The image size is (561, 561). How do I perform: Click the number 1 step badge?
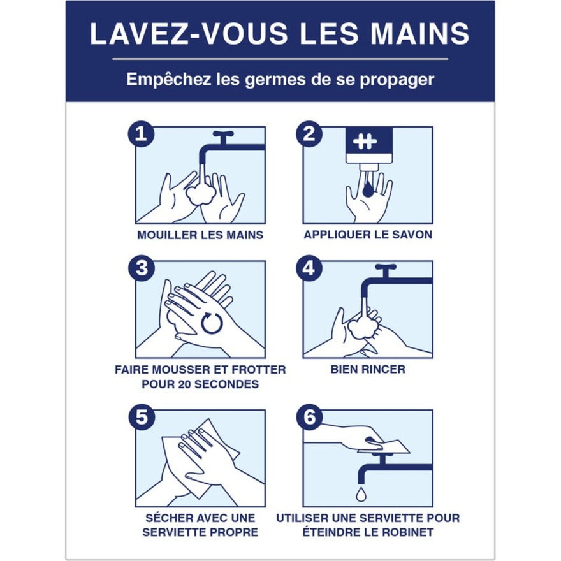click(x=142, y=134)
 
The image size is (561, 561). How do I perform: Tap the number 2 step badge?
click(x=309, y=134)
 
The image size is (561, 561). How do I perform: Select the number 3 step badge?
click(x=142, y=268)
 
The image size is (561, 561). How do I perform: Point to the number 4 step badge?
click(x=309, y=268)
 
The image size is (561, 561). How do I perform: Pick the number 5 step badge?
click(x=142, y=417)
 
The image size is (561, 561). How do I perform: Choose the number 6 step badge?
click(x=309, y=417)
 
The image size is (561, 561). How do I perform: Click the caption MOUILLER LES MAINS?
click(x=200, y=235)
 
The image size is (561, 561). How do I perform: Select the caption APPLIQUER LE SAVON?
click(x=368, y=235)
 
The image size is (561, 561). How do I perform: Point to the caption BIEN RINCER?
click(x=368, y=369)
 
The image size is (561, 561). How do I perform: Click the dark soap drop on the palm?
click(x=368, y=189)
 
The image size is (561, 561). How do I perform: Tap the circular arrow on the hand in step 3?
click(x=212, y=323)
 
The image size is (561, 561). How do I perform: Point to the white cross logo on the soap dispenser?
click(x=365, y=142)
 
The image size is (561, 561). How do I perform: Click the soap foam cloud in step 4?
click(x=363, y=328)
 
